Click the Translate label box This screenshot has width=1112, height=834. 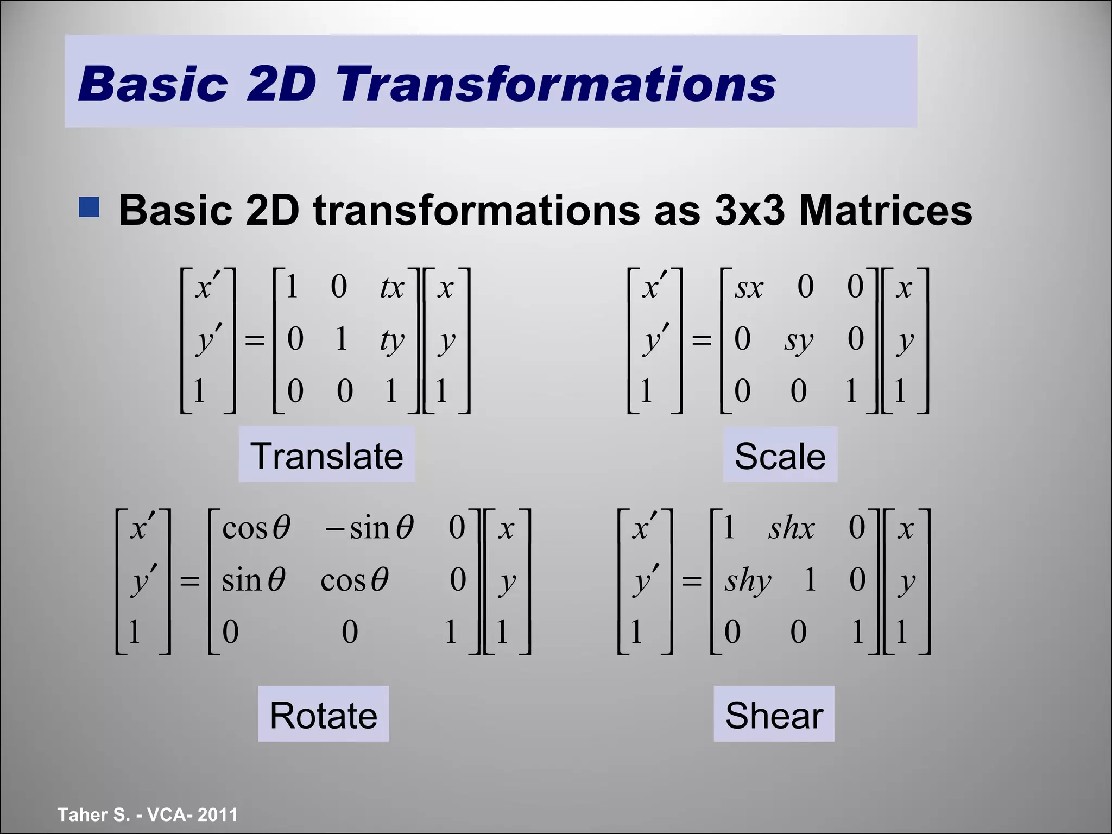click(327, 455)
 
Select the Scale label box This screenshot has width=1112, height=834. click(780, 455)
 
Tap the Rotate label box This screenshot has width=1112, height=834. click(323, 715)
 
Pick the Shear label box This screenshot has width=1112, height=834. click(774, 715)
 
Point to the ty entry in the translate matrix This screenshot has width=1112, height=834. click(391, 341)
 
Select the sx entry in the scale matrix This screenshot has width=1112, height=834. click(749, 288)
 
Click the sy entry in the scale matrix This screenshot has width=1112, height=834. click(798, 341)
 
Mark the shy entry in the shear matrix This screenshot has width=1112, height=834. click(748, 580)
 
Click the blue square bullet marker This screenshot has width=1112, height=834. click(89, 207)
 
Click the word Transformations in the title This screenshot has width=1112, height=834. click(556, 84)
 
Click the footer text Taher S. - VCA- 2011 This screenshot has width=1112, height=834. click(148, 814)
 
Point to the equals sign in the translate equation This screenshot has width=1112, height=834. click(255, 341)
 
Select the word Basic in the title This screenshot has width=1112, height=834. click(153, 84)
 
